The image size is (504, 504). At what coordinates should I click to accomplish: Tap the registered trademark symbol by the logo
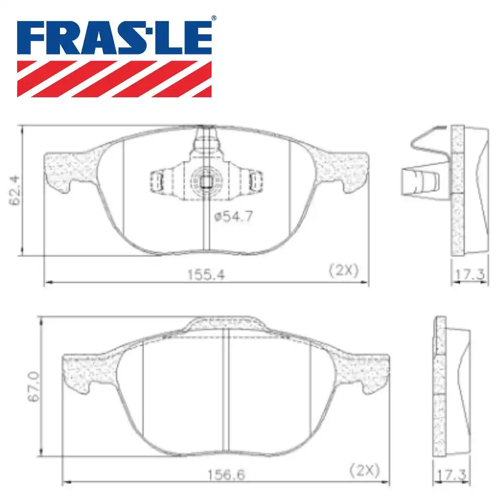tap(213, 18)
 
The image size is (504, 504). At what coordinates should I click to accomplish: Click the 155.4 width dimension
tap(205, 274)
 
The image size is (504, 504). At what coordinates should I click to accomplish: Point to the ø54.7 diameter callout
tap(232, 217)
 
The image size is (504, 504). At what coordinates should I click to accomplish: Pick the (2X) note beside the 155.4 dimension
tap(343, 271)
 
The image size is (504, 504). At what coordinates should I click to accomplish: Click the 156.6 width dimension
tap(223, 474)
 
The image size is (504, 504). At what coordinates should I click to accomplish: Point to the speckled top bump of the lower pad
tap(224, 325)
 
